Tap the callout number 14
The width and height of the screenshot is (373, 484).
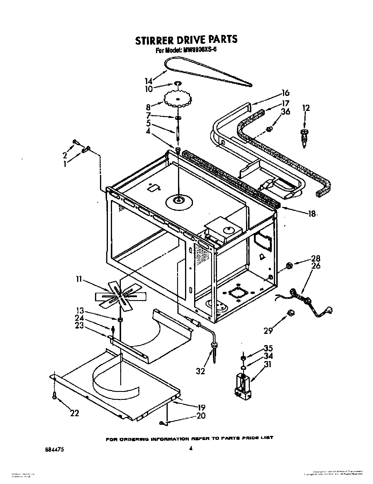tap(149, 81)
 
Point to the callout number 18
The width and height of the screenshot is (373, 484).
tap(311, 214)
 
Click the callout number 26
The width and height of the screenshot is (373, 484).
tap(315, 266)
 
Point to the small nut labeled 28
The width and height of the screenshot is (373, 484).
tap(289, 266)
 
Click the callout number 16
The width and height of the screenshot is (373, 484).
tap(285, 93)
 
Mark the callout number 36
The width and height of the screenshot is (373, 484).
tap(285, 111)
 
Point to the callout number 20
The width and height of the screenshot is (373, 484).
tap(201, 416)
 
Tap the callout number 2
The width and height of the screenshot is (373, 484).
tap(65, 155)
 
